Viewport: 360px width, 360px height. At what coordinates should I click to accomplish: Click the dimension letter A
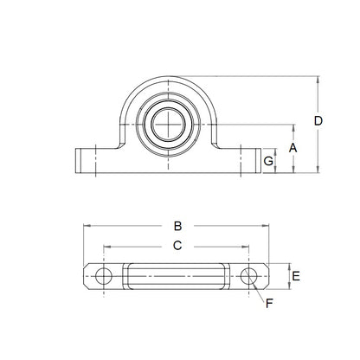(293, 148)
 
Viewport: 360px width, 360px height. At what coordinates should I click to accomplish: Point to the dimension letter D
(319, 121)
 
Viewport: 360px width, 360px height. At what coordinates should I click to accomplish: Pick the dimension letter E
(296, 277)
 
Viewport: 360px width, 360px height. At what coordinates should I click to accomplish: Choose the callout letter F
(269, 304)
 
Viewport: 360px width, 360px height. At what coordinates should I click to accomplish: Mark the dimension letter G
(269, 161)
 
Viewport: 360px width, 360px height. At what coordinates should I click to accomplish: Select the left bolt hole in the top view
(104, 277)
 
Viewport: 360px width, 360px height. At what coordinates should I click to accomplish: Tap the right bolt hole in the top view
(251, 277)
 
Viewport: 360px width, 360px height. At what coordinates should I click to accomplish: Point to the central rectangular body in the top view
(177, 277)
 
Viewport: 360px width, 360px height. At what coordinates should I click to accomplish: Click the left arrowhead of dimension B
(87, 227)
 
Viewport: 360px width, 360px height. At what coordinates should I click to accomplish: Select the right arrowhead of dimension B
(268, 227)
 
